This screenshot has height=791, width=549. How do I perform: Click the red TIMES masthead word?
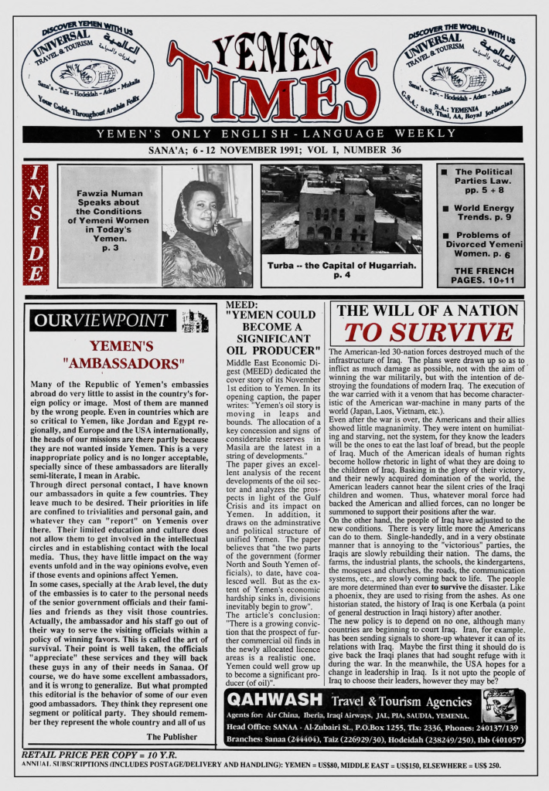pos(272,95)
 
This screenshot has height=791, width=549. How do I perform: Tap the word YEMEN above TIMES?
pos(272,53)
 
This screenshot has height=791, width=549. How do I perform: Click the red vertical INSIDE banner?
pos(36,224)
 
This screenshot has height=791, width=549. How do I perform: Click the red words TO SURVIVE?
pos(428,332)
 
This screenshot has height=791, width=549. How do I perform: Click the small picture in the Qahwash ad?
pos(498,706)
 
